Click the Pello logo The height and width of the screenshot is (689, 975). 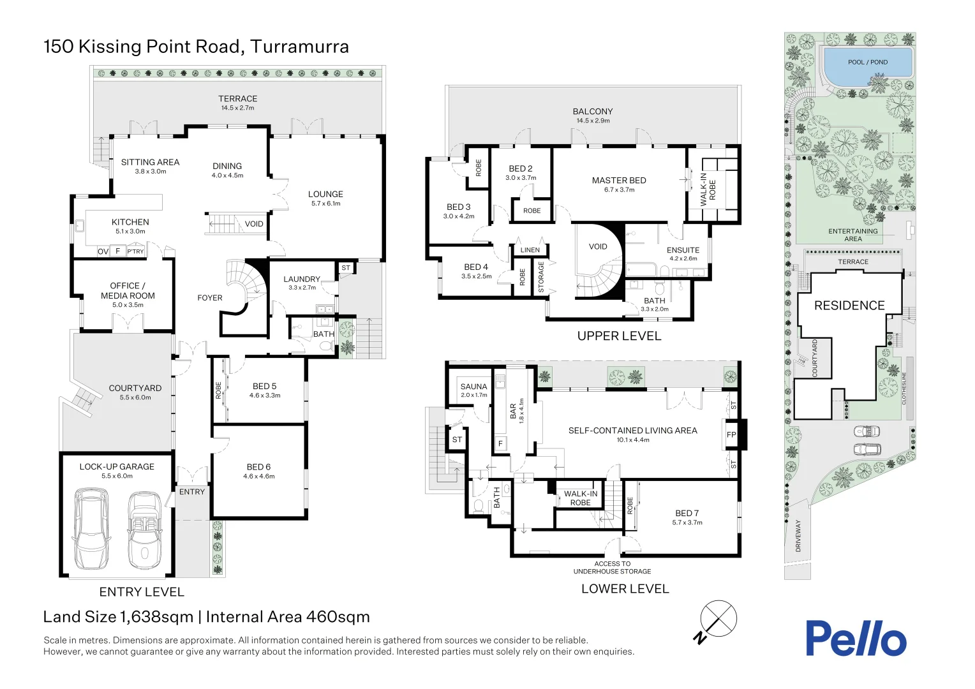coord(855,639)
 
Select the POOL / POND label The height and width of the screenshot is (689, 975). coord(867,63)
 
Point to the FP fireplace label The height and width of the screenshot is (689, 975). coord(731,435)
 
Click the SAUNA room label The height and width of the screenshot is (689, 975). coord(473,387)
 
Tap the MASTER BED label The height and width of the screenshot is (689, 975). coord(619,181)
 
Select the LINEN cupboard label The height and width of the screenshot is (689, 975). coord(530,250)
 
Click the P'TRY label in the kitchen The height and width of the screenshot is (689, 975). coord(135,251)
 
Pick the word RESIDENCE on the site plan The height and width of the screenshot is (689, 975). coord(849,306)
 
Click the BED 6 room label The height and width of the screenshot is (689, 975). coord(258,467)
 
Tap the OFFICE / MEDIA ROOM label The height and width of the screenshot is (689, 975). coord(128,291)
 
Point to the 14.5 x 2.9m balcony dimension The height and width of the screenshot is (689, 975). coord(593,121)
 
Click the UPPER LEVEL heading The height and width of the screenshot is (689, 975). coord(619,336)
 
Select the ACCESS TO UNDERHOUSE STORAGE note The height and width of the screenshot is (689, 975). coord(612,567)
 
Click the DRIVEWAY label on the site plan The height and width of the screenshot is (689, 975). coord(798,535)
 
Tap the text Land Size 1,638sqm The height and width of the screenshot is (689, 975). coord(118,617)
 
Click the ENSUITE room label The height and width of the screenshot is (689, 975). coord(683,250)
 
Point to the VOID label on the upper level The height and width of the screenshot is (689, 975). coord(598,247)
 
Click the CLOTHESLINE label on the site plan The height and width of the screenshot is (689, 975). coord(904,389)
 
